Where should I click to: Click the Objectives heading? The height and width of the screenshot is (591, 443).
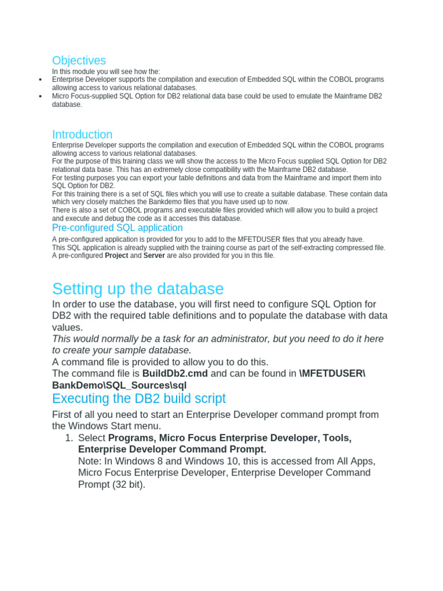[x=79, y=61]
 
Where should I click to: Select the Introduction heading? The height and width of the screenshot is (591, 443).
[x=82, y=134]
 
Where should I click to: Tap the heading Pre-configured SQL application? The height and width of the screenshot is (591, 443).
[x=117, y=228]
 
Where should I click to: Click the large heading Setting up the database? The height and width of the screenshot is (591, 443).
[x=138, y=289]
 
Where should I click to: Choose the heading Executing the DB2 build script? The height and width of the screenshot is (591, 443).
[x=138, y=399]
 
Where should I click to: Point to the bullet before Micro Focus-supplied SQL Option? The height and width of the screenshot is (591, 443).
[x=40, y=96]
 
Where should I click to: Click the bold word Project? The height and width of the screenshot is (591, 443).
[x=117, y=256]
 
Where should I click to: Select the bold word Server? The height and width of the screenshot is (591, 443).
[x=154, y=256]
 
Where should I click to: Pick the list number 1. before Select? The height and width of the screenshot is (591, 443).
[x=69, y=438]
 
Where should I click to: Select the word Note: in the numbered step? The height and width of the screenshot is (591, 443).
[x=91, y=461]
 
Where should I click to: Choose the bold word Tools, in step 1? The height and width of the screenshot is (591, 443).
[x=337, y=438]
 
